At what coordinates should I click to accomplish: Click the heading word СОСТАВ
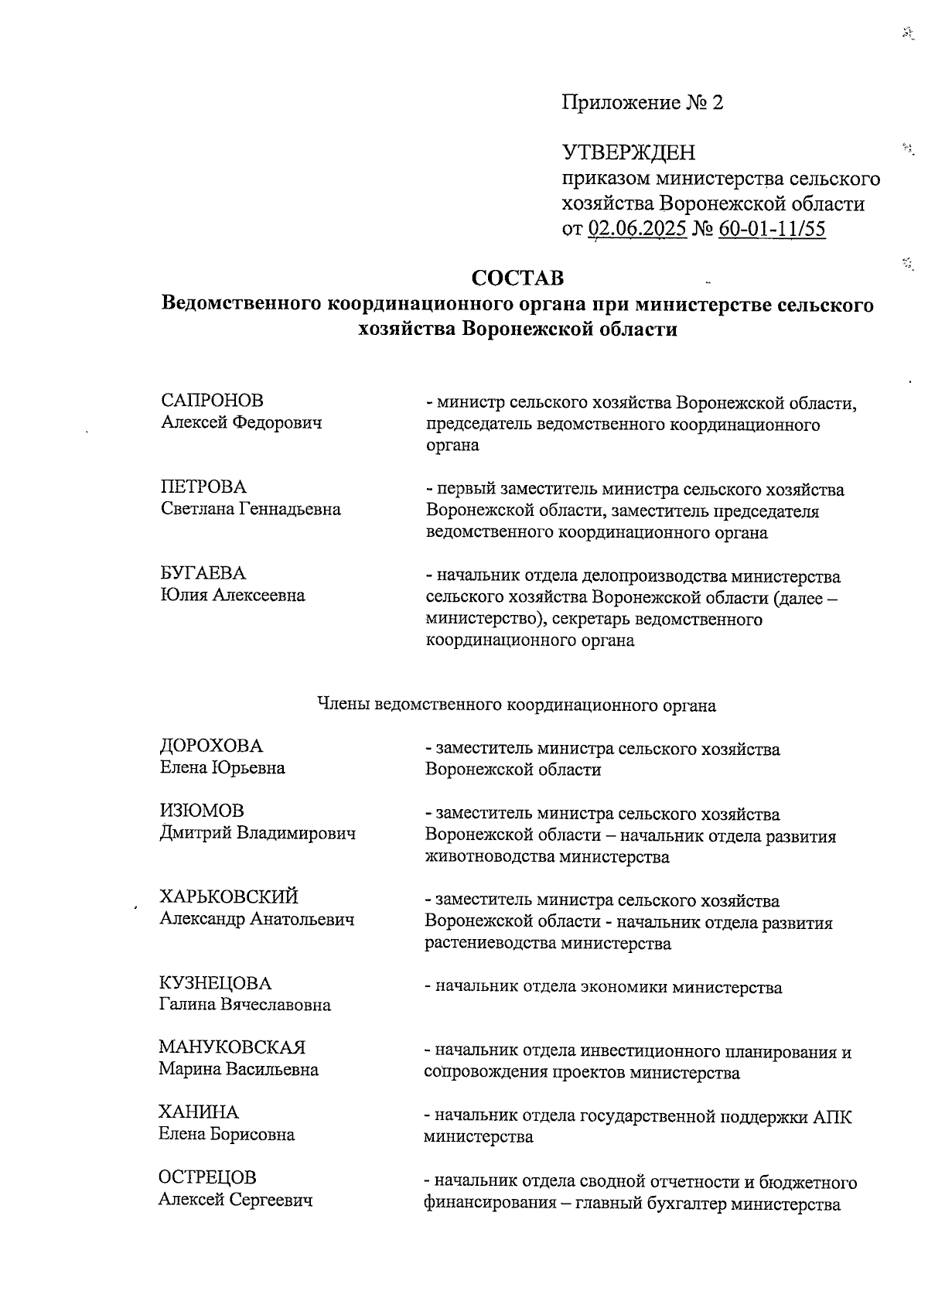517,278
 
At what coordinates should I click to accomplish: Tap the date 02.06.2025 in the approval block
637,229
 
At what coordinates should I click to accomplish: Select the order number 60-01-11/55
771,229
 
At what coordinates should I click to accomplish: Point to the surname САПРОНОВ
212,401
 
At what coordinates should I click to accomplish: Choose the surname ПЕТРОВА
203,487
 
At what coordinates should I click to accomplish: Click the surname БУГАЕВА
203,573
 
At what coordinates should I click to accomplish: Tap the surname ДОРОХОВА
211,746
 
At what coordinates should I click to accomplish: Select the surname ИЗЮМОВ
201,811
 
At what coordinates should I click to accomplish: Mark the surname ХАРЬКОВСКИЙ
228,897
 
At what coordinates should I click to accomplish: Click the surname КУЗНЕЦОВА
216,984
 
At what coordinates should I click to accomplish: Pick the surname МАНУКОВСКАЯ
232,1048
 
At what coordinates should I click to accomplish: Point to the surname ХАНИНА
199,1112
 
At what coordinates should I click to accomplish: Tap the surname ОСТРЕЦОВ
207,1177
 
